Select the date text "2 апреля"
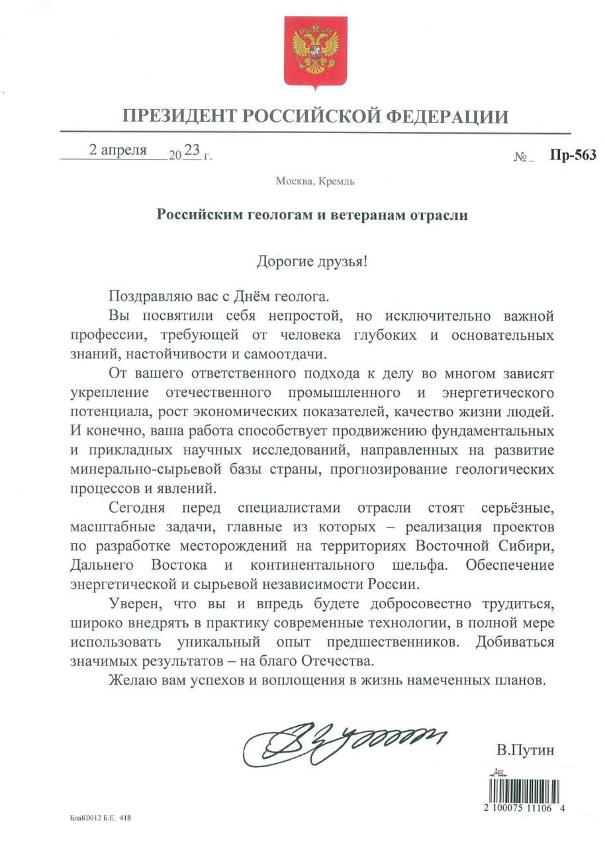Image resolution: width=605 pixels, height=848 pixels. tap(118, 150)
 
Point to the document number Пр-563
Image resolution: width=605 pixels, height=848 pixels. tap(573, 155)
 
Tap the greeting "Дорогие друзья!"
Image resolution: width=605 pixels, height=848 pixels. tap(311, 260)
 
